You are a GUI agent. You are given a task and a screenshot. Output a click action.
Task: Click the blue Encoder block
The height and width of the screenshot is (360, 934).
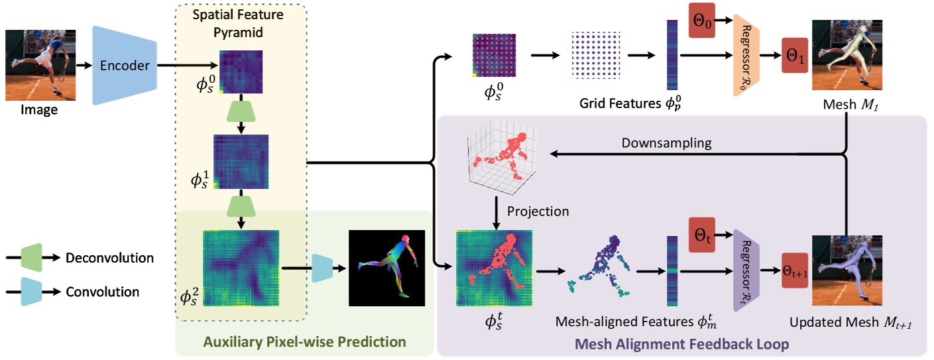coord(125,66)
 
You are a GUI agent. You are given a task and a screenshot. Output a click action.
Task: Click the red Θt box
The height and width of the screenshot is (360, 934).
coord(702,235)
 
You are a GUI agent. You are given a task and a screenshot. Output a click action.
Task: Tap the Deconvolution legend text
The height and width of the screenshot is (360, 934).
coord(109,258)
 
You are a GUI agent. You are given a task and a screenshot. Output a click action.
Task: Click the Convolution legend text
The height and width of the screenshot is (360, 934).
coord(103,292)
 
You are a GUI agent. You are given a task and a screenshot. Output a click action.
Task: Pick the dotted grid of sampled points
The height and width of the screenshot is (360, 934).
coord(594,56)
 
